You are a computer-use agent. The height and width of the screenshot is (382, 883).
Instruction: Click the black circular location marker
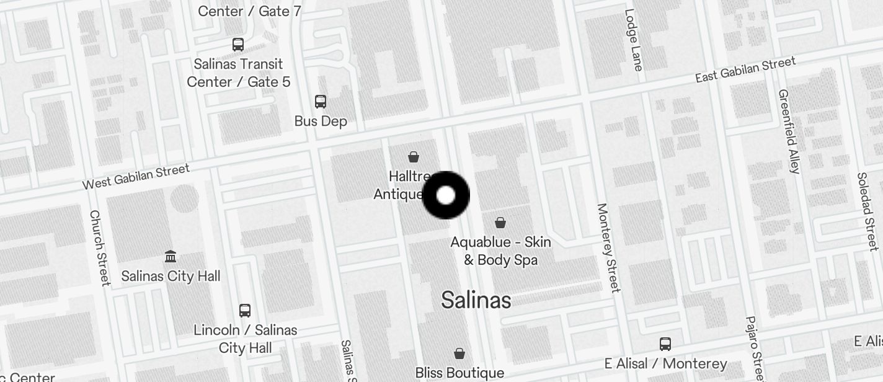446,195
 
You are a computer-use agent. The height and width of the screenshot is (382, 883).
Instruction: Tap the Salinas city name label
476,301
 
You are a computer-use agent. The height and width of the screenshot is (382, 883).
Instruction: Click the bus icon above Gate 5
238,45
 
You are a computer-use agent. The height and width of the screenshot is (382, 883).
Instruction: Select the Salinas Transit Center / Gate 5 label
239,73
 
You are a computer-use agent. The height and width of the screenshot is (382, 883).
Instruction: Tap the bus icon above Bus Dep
321,102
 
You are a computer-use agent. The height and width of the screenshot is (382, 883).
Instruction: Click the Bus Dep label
321,122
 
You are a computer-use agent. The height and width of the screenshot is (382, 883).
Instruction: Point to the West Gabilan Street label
136,177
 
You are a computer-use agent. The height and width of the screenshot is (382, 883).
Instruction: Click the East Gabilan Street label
745,69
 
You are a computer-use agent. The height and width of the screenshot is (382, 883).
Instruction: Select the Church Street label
99,247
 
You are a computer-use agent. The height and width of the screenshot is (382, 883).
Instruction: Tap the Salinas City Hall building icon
171,256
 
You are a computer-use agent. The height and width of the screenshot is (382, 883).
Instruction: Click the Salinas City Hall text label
171,276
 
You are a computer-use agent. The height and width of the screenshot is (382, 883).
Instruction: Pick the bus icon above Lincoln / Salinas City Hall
245,311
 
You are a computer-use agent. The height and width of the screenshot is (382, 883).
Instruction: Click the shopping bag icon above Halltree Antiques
414,157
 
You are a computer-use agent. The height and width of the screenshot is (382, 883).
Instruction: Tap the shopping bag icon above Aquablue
500,223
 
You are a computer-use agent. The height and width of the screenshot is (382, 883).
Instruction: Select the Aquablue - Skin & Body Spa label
501,251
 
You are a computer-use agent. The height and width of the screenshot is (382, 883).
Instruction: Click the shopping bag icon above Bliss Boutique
459,353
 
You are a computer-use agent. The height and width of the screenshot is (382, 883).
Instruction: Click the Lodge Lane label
634,40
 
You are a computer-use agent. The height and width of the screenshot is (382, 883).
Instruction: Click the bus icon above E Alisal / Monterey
665,344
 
